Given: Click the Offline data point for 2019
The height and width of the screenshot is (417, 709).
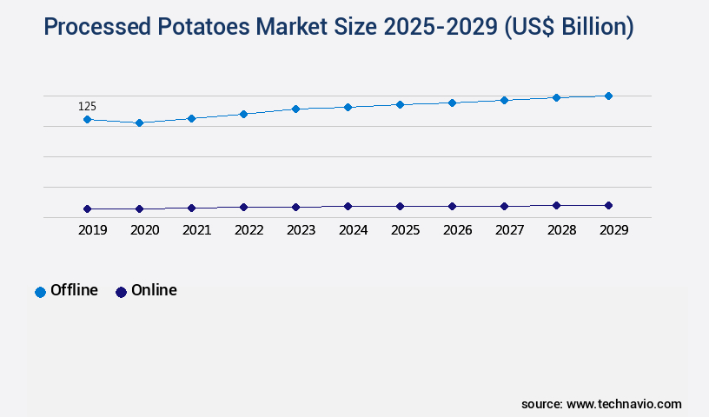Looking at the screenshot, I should tap(87, 119).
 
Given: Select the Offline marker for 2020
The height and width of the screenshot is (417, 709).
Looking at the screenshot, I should tap(139, 122).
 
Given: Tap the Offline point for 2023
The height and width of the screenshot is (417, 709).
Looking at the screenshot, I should tap(295, 109).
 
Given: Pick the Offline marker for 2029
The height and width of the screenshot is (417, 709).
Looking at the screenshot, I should tap(608, 96).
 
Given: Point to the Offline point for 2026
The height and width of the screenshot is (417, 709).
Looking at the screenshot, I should tap(452, 103).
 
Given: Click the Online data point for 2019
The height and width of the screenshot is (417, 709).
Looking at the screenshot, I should tap(87, 208).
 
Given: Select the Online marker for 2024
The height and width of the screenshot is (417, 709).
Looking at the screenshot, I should tap(348, 206).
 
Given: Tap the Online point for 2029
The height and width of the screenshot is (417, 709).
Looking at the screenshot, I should tap(608, 205).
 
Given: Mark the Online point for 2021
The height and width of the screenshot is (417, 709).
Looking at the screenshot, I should tap(191, 208).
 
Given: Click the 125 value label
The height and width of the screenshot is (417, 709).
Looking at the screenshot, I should tap(87, 106).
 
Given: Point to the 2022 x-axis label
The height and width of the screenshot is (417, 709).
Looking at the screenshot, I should tap(248, 230).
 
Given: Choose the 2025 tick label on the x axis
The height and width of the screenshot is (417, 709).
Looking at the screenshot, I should tap(405, 230).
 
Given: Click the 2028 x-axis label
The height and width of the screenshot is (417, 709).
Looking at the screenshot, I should tap(561, 230).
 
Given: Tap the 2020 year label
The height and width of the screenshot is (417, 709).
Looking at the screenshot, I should tap(144, 230).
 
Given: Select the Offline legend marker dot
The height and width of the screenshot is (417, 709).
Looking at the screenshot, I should tap(40, 292).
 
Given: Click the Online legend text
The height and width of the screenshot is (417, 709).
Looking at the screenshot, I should tap(154, 290).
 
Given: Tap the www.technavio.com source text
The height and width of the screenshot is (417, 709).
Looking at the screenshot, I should tap(624, 404).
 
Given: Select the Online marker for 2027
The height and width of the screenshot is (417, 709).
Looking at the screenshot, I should tap(504, 206).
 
